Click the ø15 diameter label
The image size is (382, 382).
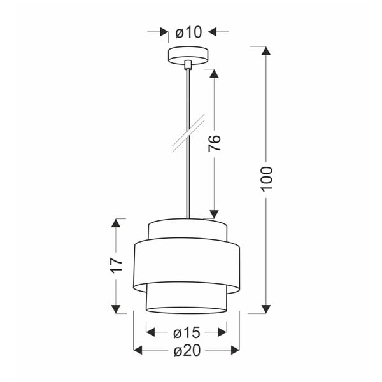click(187, 332)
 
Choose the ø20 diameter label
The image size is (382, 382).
click(187, 350)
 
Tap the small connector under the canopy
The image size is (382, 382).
click(188, 65)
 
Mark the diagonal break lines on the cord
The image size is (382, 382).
click(188, 134)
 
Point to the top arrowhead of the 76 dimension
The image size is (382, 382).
click(214, 74)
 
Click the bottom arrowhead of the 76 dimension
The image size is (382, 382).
click(214, 214)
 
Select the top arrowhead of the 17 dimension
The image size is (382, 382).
click(115, 223)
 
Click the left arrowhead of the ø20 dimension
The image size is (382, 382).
click(138, 350)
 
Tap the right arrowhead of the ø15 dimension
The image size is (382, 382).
click(222, 332)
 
